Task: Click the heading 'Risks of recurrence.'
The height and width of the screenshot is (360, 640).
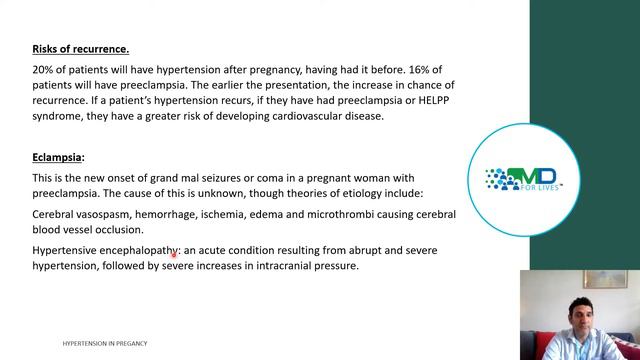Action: (x=80, y=49)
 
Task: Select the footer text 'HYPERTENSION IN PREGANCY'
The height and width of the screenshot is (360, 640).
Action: (x=105, y=343)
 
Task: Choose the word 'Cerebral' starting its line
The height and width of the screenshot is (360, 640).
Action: (x=55, y=214)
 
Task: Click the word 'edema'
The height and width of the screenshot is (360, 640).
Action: (x=279, y=214)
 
